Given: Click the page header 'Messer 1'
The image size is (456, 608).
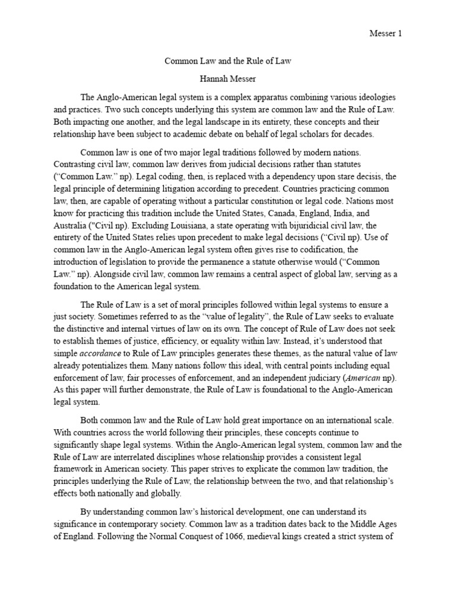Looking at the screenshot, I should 385,34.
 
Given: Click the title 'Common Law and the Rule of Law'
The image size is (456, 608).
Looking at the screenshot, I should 227,61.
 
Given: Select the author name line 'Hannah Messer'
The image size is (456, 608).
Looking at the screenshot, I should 227,79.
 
